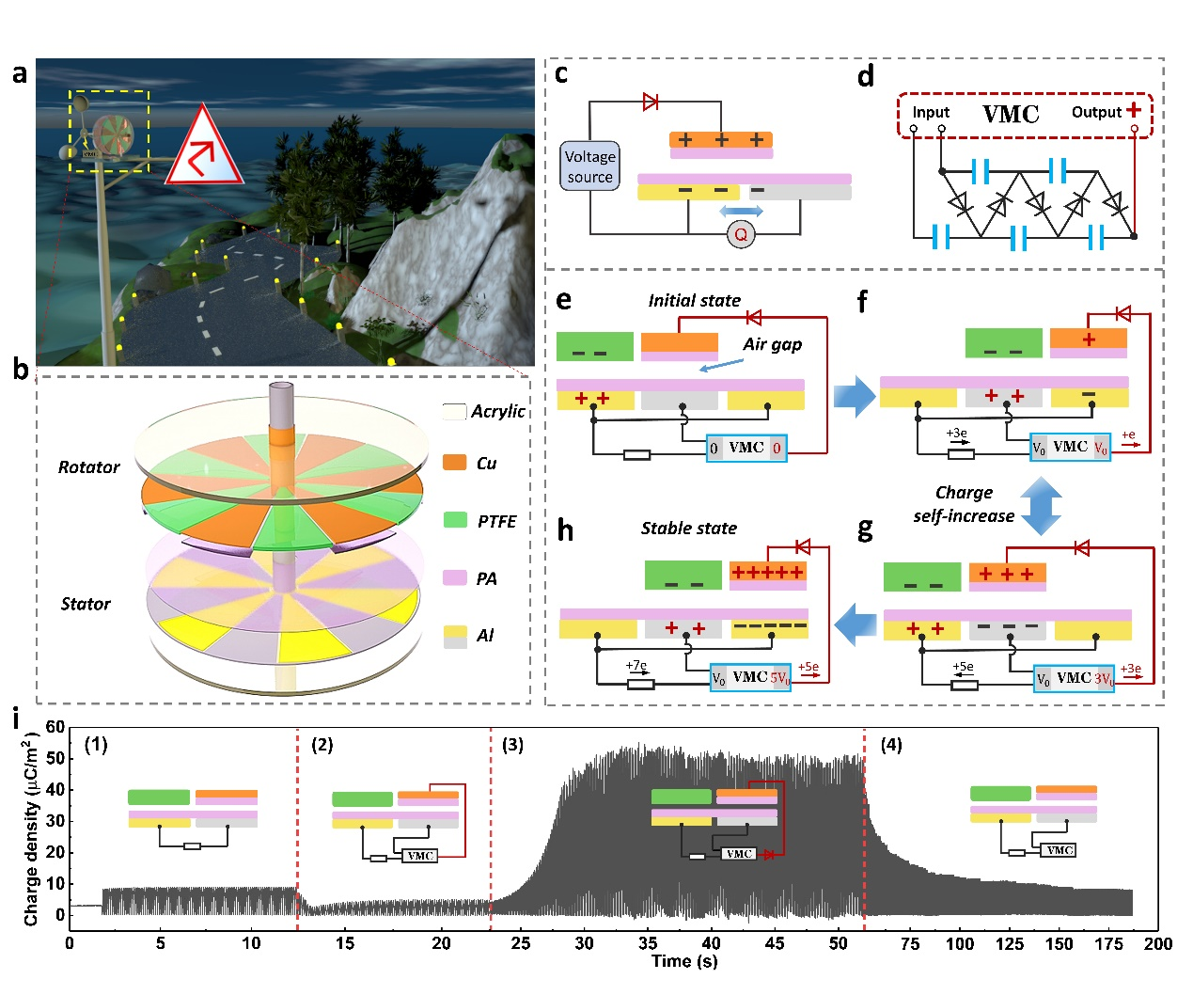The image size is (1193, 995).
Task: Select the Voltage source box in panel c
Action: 590,166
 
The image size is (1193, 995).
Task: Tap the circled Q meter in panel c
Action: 741,234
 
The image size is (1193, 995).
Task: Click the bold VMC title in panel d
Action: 1011,115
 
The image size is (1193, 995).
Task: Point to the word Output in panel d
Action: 1096,113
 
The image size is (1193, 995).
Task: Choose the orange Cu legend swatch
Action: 455,463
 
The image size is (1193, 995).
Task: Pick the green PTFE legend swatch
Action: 455,520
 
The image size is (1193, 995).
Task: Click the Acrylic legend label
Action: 497,412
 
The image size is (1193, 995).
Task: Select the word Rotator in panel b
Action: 89,467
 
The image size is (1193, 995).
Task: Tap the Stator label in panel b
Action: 86,604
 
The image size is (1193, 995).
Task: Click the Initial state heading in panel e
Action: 694,301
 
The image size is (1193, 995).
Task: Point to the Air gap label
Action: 772,344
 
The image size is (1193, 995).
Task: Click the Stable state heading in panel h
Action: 688,529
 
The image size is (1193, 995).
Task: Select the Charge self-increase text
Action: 964,504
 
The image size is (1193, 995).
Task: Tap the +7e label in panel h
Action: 636,666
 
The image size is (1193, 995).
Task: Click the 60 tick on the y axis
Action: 55,727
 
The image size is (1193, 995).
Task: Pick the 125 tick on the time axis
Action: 1010,943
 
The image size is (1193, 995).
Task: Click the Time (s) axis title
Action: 684,961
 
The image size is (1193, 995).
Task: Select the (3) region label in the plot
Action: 512,745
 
